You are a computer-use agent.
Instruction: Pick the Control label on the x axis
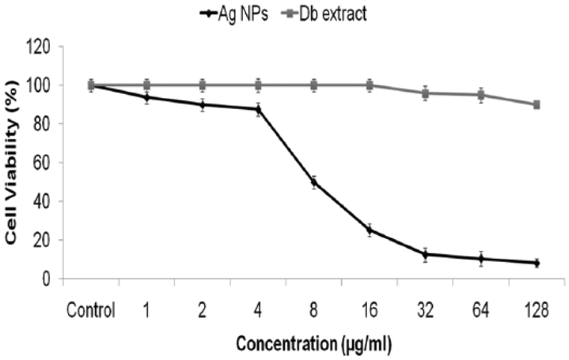[91, 310]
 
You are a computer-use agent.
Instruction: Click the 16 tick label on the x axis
[369, 310]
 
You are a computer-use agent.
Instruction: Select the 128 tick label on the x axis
[536, 310]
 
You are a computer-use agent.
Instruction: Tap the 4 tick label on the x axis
[258, 310]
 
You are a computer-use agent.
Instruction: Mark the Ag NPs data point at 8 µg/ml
[314, 183]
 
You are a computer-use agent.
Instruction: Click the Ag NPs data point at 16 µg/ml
[369, 230]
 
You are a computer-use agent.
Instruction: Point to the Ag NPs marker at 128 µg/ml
[536, 263]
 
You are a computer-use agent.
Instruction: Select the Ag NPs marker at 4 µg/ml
[258, 110]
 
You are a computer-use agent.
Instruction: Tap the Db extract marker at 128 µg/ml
[536, 104]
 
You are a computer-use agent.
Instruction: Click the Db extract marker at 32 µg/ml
[425, 93]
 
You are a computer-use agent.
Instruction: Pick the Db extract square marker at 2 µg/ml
[203, 85]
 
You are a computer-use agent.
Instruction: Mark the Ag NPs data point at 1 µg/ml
[147, 98]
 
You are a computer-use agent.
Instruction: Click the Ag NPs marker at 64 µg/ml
[481, 259]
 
